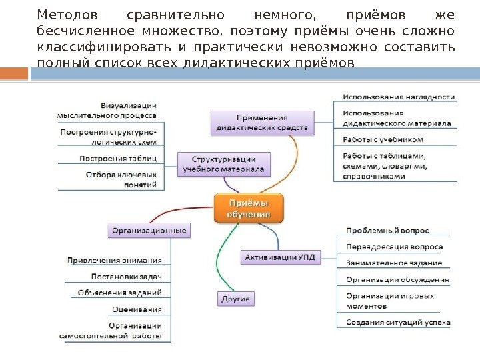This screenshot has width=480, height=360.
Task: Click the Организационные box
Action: [x=149, y=231]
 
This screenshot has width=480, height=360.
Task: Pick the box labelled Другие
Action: [x=235, y=299]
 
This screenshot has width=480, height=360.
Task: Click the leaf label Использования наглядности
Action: [x=399, y=97]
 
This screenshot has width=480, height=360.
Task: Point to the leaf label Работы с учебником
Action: [x=383, y=139]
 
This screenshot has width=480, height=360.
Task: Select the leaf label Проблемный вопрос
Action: [x=387, y=231]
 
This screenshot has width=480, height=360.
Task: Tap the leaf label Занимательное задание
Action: [x=393, y=263]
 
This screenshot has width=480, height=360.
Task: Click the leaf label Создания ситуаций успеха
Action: [x=398, y=323]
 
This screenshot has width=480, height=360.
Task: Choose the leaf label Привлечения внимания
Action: [x=114, y=260]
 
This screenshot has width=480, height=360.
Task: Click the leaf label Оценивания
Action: [x=137, y=309]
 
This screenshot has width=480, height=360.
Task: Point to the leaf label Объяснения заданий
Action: [x=119, y=293]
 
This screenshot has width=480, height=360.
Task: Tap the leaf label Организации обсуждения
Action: [x=397, y=279]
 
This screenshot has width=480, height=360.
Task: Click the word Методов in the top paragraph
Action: [x=67, y=14]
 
